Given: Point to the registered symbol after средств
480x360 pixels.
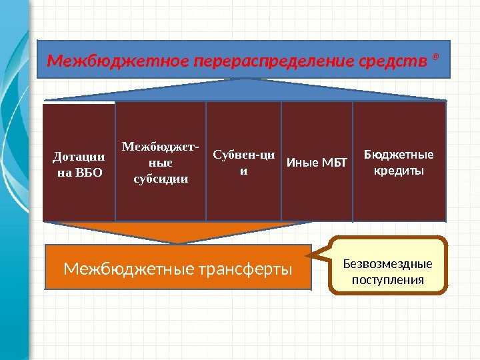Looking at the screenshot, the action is coord(436,57).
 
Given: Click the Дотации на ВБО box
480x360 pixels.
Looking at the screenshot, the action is coord(79,162).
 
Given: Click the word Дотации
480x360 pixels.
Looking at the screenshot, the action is coord(79,157).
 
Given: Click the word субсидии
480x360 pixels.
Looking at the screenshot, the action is coord(161,178).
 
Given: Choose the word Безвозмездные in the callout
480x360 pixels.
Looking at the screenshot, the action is coord(388,263).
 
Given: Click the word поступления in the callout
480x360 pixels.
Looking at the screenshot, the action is coord(388,279).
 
